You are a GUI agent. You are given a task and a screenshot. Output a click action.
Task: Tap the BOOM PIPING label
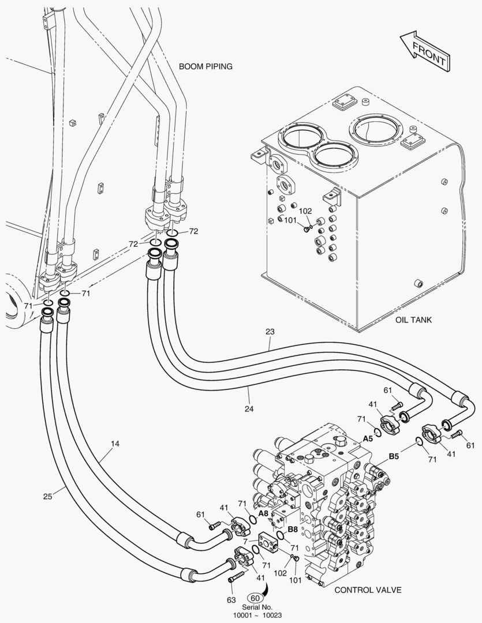click(x=205, y=66)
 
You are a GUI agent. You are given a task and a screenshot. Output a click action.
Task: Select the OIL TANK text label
click(x=413, y=320)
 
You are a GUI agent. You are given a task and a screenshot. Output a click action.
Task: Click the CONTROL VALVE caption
click(x=368, y=590)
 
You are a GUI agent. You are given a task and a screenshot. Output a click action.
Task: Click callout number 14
click(x=115, y=444)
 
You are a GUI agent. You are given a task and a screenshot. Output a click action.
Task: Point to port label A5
click(x=368, y=438)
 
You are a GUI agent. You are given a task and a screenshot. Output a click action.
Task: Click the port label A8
click(x=263, y=513)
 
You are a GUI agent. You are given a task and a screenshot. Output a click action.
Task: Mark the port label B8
click(x=293, y=528)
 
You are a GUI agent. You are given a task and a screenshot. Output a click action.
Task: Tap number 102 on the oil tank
click(x=305, y=211)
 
